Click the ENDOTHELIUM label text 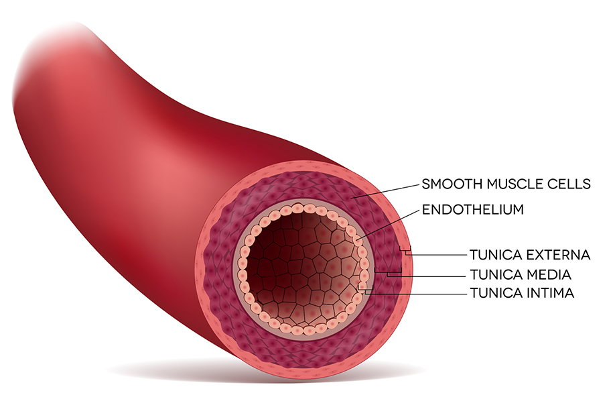[473, 210]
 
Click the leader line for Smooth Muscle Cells [385, 191]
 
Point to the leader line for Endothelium [387, 224]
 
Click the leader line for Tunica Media [427, 275]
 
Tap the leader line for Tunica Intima [416, 293]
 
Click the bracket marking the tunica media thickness [388, 271]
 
